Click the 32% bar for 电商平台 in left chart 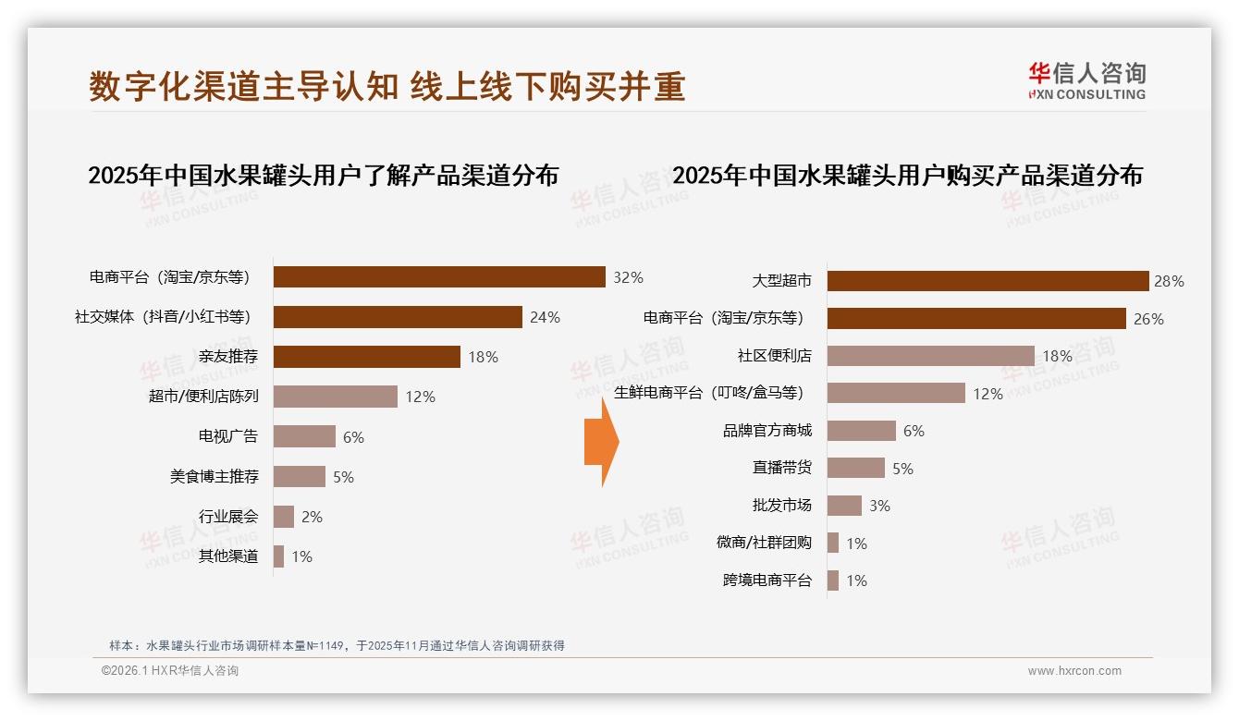[x=439, y=277]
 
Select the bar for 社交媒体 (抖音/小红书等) [x=398, y=317]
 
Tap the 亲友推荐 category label [x=228, y=357]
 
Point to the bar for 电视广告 [x=304, y=436]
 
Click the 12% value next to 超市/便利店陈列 [x=420, y=397]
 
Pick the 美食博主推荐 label [x=215, y=477]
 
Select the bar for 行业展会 [x=284, y=517]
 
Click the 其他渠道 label [x=228, y=556]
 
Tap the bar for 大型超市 [x=988, y=281]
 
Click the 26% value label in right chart [x=1148, y=320]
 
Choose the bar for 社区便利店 [x=930, y=356]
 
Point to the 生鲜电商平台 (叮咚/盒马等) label [x=709, y=393]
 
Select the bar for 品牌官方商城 [x=861, y=431]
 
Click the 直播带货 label [x=782, y=468]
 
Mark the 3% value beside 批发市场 [x=879, y=507]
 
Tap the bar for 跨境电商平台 [x=833, y=580]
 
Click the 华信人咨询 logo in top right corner [x=1086, y=80]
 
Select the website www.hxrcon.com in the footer [x=1074, y=671]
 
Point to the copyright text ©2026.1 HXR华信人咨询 [x=169, y=671]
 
